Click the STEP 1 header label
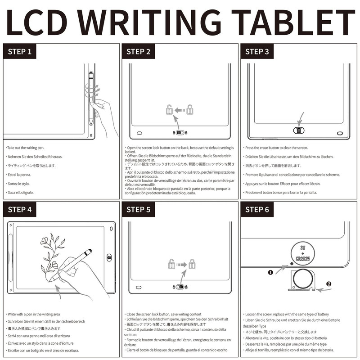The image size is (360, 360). pyautogui.click(x=19, y=51)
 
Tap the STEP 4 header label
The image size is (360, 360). pyautogui.click(x=19, y=209)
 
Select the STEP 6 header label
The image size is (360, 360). pyautogui.click(x=257, y=209)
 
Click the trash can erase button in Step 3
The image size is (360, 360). pyautogui.click(x=298, y=130)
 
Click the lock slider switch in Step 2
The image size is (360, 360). pyautogui.click(x=180, y=133)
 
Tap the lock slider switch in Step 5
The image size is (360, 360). pyautogui.click(x=180, y=287)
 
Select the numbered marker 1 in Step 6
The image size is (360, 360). pyautogui.click(x=270, y=273)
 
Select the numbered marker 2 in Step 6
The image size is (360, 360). pyautogui.click(x=328, y=284)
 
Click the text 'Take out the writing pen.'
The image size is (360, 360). pyautogui.click(x=31, y=148)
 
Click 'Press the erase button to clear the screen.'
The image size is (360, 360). pyautogui.click(x=276, y=148)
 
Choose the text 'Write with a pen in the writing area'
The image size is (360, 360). pyautogui.click(x=37, y=314)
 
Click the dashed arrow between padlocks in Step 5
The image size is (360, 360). pyautogui.click(x=180, y=265)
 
